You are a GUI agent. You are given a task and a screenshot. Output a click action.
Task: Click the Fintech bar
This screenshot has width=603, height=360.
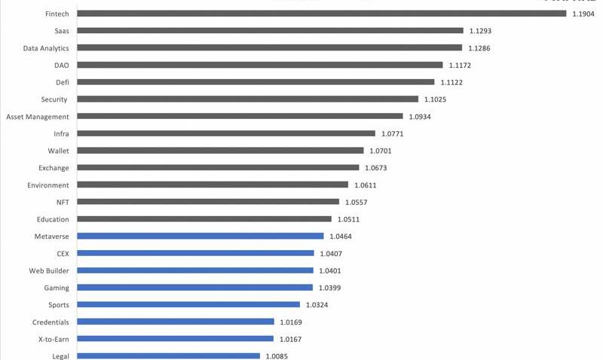coord(321,14)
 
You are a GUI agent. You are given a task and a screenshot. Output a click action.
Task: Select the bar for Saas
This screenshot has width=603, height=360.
coord(270,31)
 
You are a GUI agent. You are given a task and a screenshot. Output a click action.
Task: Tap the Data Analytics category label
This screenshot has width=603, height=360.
coord(45,48)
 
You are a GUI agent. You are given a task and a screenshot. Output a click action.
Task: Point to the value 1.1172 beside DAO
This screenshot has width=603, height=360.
coord(460,66)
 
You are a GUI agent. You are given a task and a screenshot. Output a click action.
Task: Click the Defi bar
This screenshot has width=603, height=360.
coord(256,82)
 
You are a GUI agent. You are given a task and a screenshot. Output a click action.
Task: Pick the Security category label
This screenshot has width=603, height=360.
coord(54,99)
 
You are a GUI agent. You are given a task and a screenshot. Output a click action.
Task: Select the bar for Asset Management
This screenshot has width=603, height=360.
coord(240,117)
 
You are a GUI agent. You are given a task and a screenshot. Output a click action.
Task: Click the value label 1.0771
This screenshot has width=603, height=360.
coord(393,134)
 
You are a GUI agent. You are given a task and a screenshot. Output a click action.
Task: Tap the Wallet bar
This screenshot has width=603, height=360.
coord(220,151)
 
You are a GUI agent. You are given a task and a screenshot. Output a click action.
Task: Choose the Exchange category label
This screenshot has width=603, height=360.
coord(54,168)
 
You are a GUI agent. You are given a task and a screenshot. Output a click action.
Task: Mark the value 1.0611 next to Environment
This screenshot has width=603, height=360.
coord(366,185)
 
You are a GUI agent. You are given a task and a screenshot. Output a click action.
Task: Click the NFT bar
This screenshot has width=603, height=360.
coord(208,202)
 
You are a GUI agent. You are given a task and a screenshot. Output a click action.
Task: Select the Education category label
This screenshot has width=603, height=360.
coord(53,219)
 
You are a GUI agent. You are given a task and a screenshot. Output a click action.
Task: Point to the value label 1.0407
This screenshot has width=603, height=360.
coord(330,254)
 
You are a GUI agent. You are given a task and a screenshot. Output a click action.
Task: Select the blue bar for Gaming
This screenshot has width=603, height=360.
coord(194,288)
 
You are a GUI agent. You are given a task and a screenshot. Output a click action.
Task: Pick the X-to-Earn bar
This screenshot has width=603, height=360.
coord(176,339)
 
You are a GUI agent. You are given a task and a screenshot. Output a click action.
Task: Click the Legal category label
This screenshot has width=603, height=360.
coord(61,356)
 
